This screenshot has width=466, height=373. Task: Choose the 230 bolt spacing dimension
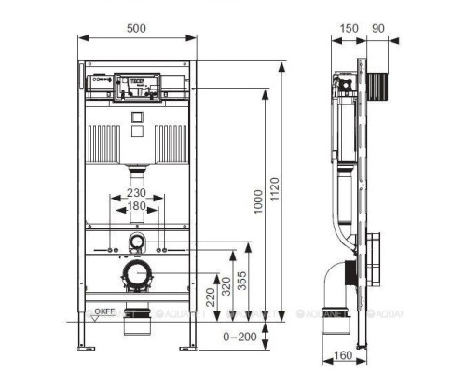pyautogui.click(x=137, y=194)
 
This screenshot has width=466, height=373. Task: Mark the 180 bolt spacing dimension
pyautogui.click(x=137, y=206)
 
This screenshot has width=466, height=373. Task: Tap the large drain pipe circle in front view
pyautogui.click(x=137, y=274)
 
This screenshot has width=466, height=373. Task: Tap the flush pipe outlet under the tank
pyautogui.click(x=137, y=172)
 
